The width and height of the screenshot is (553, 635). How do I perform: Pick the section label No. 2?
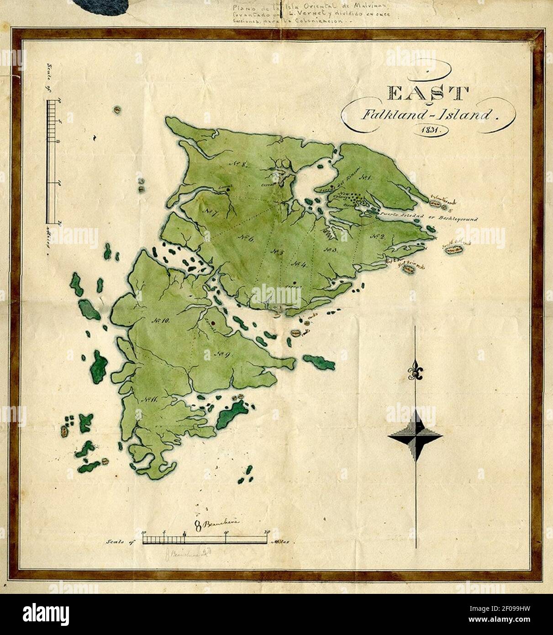[x=377, y=237]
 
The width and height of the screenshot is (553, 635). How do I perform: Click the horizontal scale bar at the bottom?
[x=205, y=540]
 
